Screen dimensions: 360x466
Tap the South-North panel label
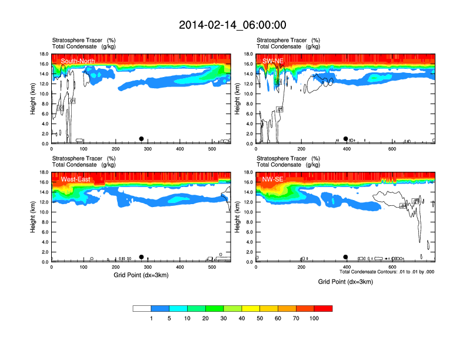pos(78,61)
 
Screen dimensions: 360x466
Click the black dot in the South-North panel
pos(141,139)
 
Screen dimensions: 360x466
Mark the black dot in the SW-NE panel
pos(346,139)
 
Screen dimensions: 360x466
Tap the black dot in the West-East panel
pos(141,257)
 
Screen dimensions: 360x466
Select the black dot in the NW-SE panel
pos(346,257)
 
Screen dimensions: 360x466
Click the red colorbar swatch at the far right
pos(323,308)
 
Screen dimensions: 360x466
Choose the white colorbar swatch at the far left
pos(142,308)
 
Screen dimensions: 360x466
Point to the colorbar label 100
pos(314,318)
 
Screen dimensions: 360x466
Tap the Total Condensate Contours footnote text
pos(387,272)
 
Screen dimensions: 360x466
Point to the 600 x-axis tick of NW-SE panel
pos(392,268)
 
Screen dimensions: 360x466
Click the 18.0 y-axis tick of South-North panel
pos(44,54)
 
